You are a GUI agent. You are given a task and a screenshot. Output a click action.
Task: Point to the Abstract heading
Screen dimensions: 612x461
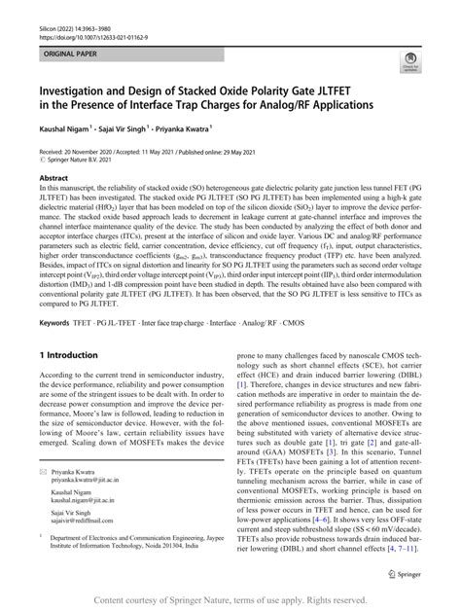tap(53, 179)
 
